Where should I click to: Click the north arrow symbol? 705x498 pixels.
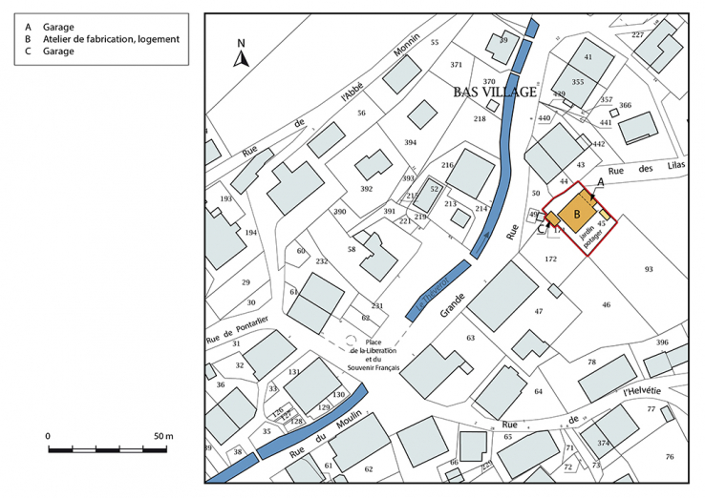[x=243, y=55]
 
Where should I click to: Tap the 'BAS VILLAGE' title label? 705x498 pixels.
[x=494, y=93]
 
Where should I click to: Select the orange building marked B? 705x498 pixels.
[x=577, y=215]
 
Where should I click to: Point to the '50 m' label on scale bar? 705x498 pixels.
[x=163, y=436]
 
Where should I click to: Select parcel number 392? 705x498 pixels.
[x=366, y=189]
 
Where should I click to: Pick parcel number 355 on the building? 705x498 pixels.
[x=577, y=83]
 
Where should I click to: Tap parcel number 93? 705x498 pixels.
[x=650, y=270]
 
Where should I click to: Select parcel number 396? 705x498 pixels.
[x=662, y=342]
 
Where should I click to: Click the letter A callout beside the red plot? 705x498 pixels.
[x=600, y=181]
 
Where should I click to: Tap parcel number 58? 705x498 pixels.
[x=352, y=249]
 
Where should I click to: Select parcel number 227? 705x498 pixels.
[x=638, y=34]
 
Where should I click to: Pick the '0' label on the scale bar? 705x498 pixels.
[x=48, y=436]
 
